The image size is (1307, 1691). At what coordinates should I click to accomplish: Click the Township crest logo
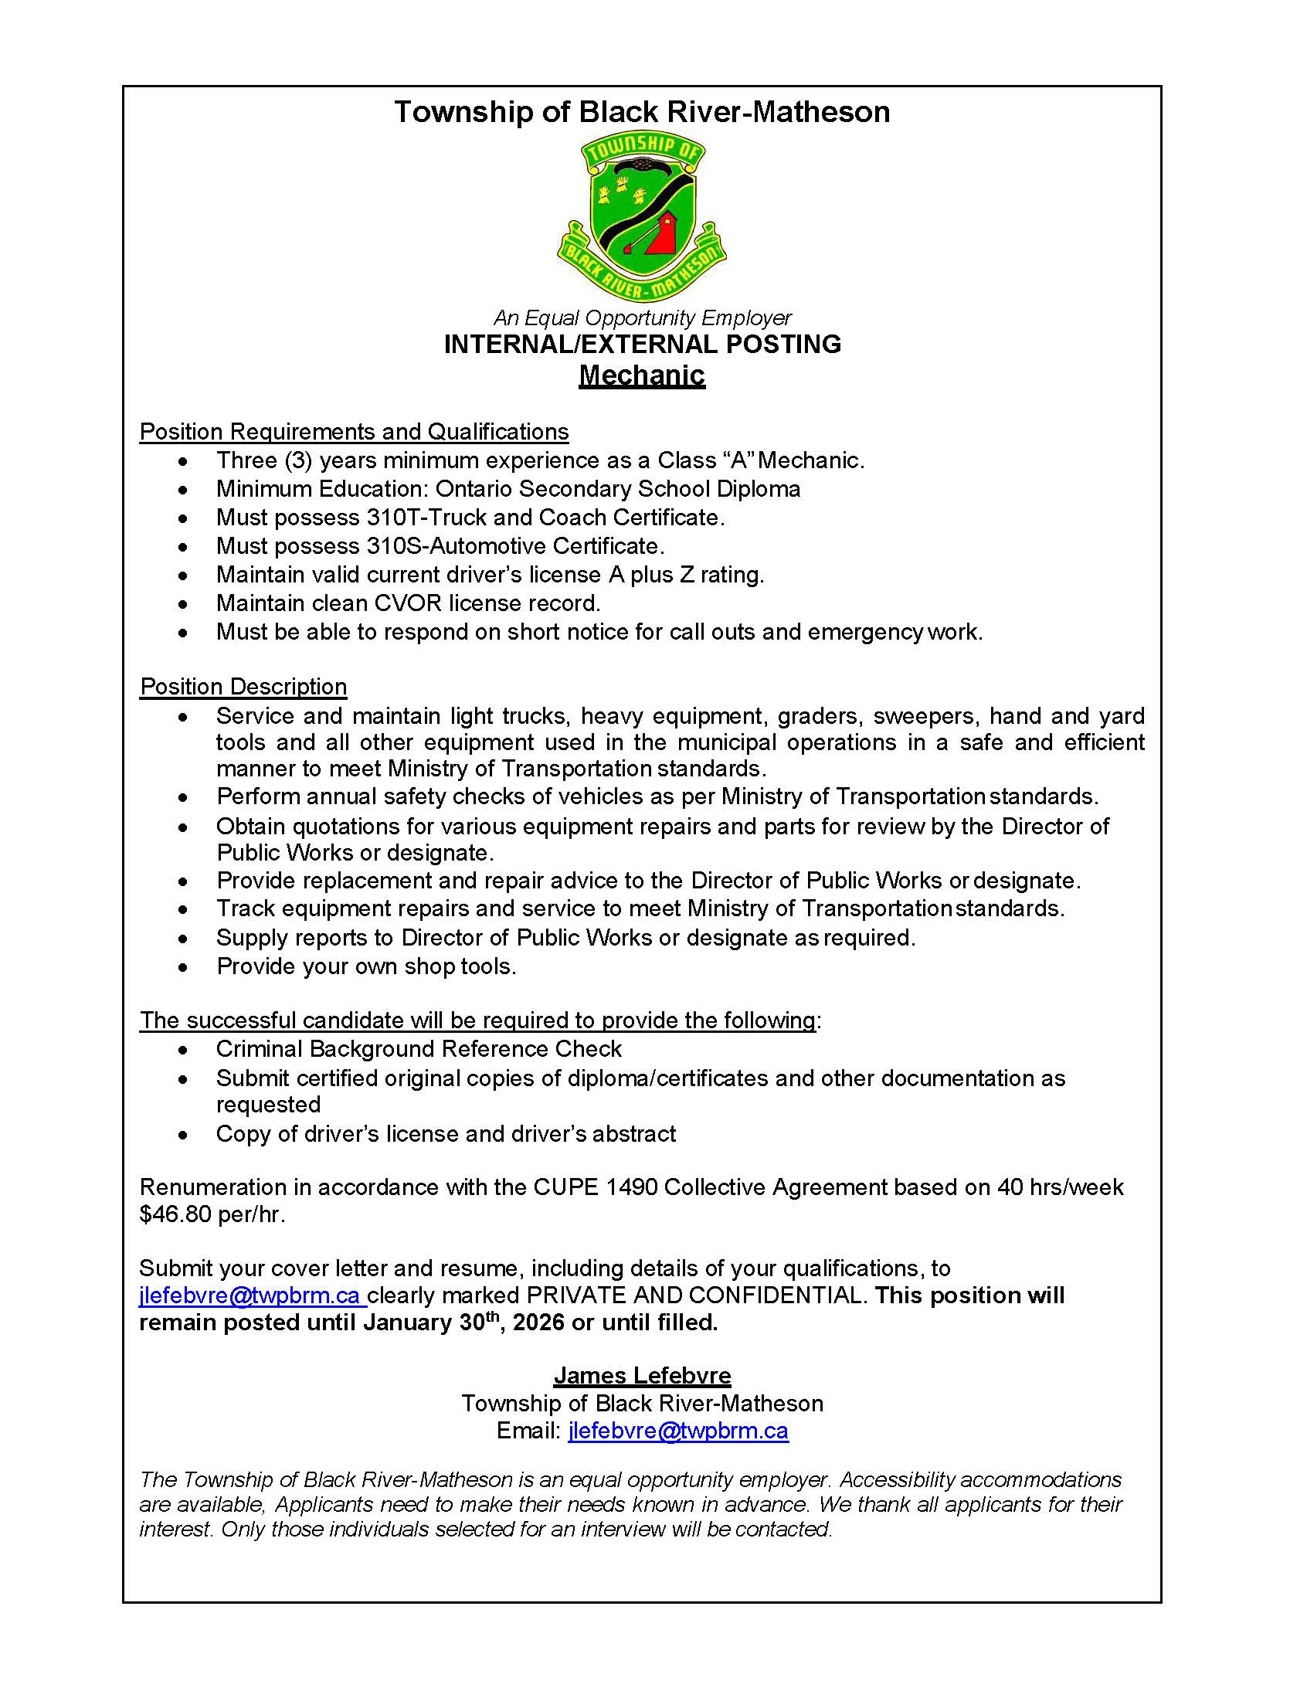(641, 217)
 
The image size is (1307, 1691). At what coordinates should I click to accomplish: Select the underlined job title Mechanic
(642, 375)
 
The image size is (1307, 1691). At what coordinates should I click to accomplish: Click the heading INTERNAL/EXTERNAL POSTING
(642, 344)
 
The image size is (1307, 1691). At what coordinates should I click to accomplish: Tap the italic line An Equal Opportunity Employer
(642, 317)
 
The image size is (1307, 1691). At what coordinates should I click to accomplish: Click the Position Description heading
(243, 687)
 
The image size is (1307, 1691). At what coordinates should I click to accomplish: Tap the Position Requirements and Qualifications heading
(354, 431)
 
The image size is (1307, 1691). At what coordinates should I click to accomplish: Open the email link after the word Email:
(677, 1431)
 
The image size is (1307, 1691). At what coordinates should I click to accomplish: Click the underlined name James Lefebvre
(642, 1375)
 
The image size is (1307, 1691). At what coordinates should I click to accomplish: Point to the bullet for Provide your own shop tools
(182, 967)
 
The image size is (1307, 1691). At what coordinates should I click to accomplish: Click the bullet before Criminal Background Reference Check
(182, 1050)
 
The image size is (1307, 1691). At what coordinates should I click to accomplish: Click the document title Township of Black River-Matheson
(642, 112)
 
